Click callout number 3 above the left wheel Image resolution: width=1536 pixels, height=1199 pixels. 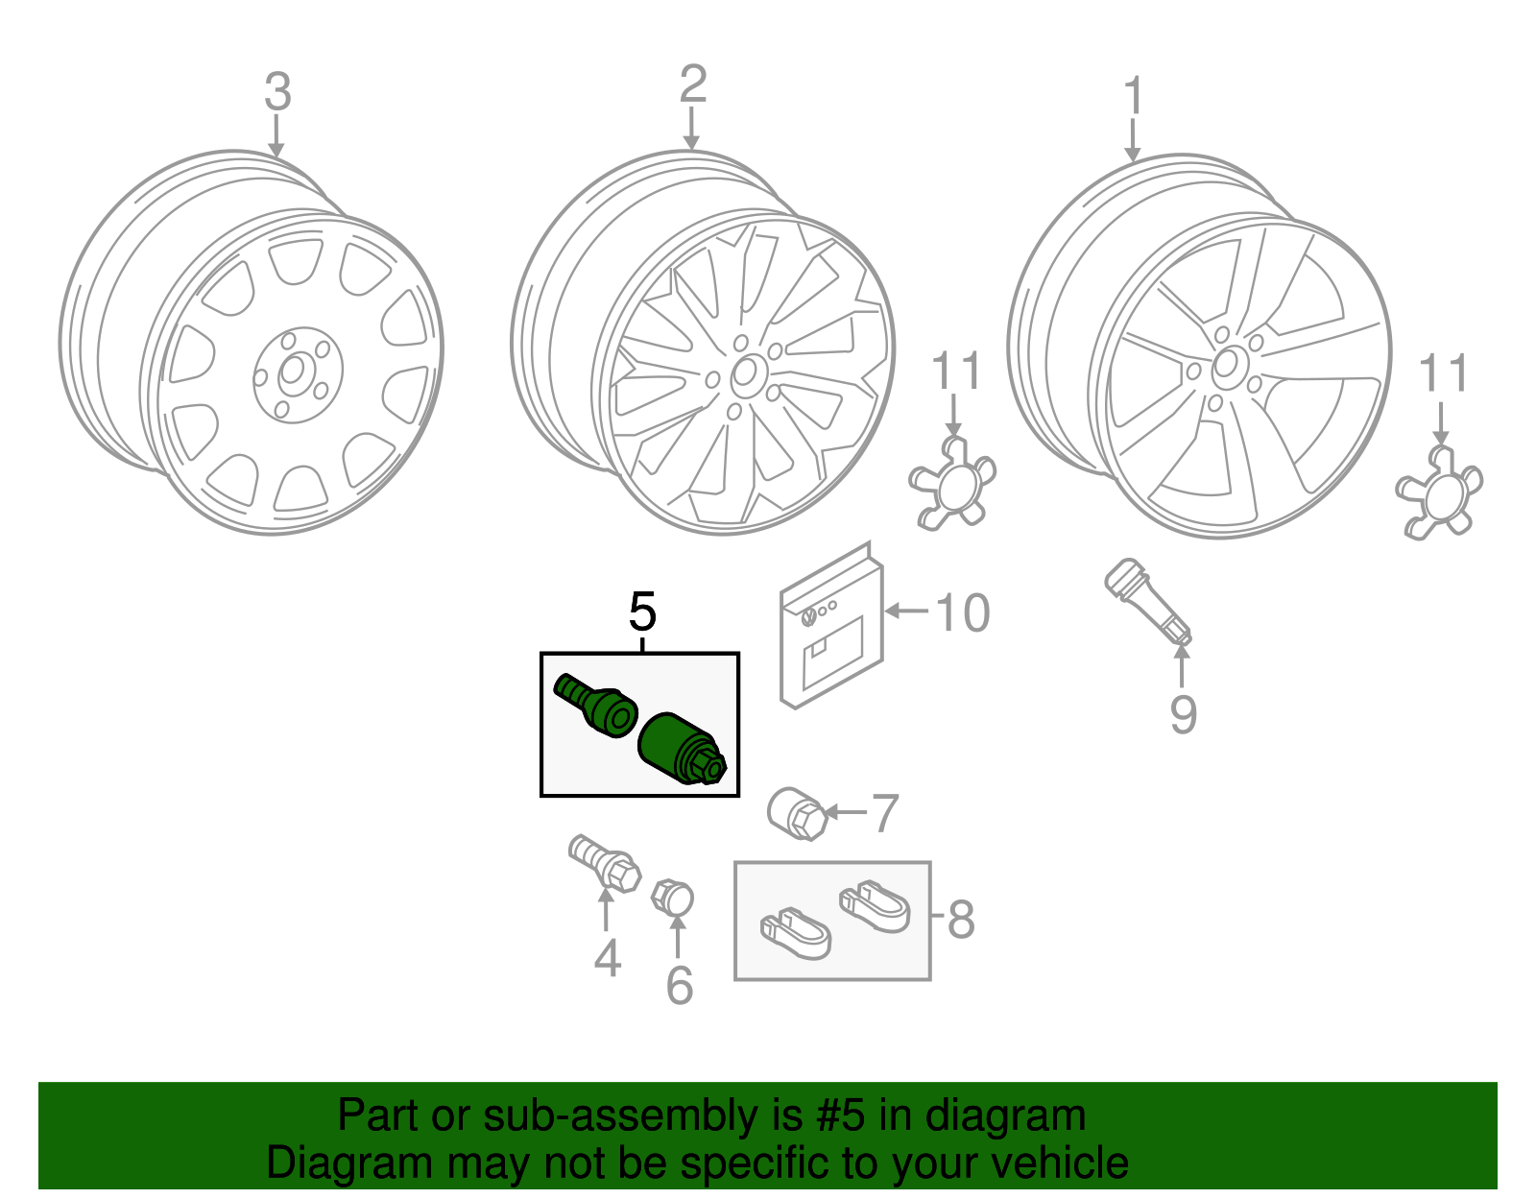(277, 93)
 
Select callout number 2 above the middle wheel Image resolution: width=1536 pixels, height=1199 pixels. (692, 85)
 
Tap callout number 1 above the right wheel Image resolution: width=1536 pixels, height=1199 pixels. (1134, 97)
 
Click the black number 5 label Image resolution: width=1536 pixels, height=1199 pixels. (642, 611)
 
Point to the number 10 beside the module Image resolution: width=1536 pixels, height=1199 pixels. (962, 613)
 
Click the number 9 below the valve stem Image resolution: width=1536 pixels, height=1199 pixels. (1183, 714)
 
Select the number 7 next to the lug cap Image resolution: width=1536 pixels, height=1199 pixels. (883, 813)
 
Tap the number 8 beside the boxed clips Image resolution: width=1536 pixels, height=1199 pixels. (960, 919)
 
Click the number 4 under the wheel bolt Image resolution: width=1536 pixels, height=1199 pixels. (607, 958)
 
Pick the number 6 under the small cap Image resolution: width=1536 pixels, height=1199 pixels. (679, 986)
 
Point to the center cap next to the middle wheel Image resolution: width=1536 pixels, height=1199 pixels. (950, 484)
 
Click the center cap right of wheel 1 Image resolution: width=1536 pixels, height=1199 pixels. (1437, 493)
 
